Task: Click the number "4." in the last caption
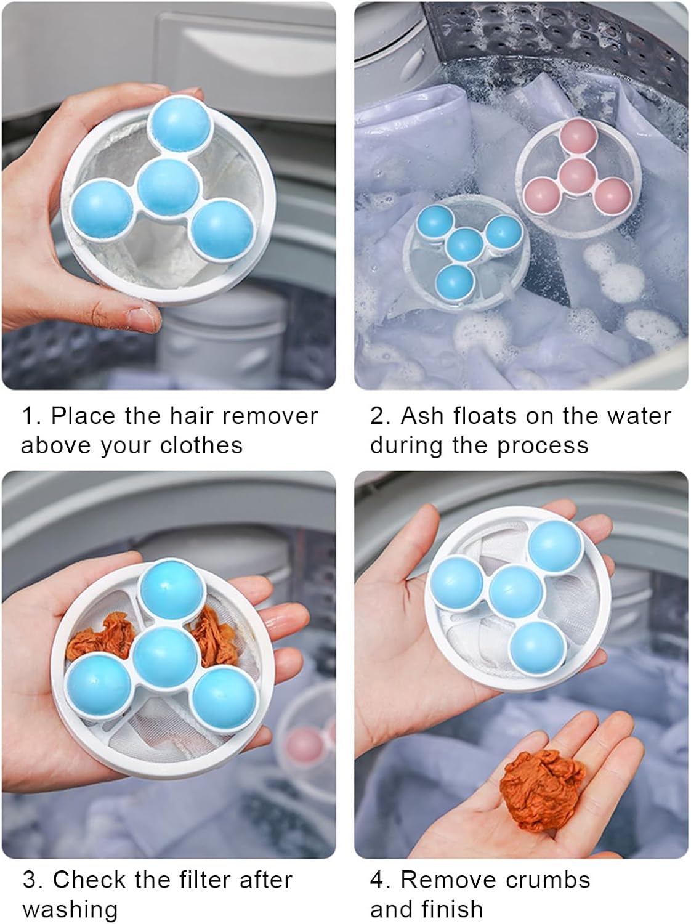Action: pyautogui.click(x=381, y=880)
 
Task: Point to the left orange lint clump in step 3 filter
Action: pyautogui.click(x=94, y=644)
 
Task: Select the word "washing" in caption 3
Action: pyautogui.click(x=70, y=909)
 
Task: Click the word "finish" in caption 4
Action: pyautogui.click(x=453, y=909)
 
